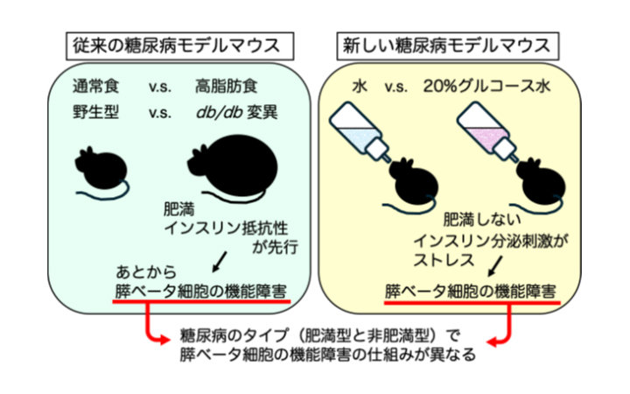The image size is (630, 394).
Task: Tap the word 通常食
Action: click(95, 88)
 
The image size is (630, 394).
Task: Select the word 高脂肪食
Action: click(223, 88)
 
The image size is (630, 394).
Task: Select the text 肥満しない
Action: click(477, 218)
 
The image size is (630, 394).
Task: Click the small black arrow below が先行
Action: click(218, 260)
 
